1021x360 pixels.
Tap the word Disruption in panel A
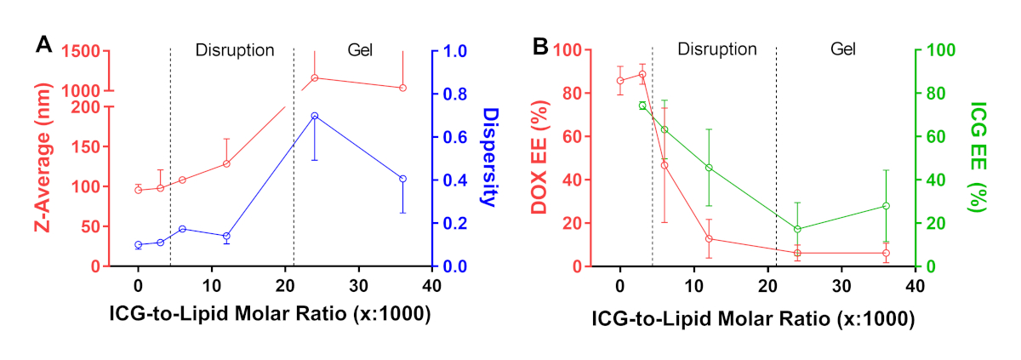[x=235, y=49]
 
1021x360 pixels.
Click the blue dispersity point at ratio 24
[x=315, y=116]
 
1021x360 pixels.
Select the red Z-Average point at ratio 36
[x=403, y=88]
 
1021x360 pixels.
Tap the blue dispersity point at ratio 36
[x=403, y=179]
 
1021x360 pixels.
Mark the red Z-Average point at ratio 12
[x=226, y=163]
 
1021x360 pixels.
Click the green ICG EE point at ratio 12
[x=709, y=168]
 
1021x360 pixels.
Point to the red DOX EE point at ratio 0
[x=620, y=81]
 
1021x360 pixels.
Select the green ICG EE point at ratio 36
[x=886, y=206]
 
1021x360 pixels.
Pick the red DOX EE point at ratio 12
[x=709, y=238]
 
